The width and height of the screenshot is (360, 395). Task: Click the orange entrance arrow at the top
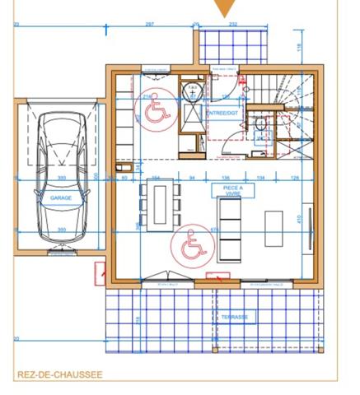[224, 8]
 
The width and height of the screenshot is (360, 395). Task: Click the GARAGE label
[61, 198]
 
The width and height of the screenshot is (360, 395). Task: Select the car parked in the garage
[61, 176]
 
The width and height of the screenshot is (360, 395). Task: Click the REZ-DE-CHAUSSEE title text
[59, 374]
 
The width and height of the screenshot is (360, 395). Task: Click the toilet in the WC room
[260, 125]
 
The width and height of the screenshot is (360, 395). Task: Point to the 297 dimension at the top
[149, 25]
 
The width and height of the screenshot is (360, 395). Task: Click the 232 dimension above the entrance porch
[232, 25]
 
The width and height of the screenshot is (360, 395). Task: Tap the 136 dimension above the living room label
[225, 177]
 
